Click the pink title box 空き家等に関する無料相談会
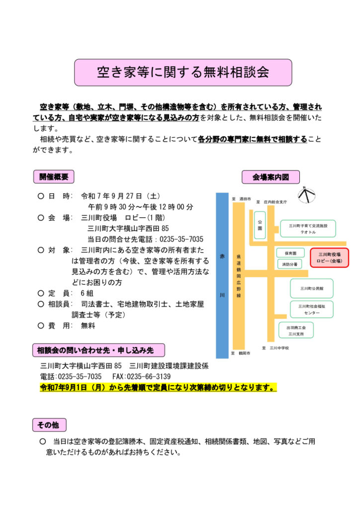pos(183,73)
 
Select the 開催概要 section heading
pos(54,177)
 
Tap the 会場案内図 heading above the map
pos(270,177)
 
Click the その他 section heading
pos(49,424)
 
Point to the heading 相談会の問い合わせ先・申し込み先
pos(98,350)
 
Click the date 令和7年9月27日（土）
pos(120,196)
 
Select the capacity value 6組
pos(87,293)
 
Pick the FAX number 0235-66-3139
pos(142,377)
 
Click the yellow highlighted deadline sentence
pos(158,387)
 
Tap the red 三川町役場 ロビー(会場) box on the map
pos(329,258)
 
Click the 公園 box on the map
pos(260,225)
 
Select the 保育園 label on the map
pos(290,253)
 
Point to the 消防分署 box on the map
pos(289,264)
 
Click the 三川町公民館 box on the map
pos(312,288)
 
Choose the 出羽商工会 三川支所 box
pos(296,331)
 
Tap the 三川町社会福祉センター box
pos(312,309)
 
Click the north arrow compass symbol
pos(306,195)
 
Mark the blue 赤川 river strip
pos(222,275)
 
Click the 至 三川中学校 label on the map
pos(275,348)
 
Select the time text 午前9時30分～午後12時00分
pos(141,207)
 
